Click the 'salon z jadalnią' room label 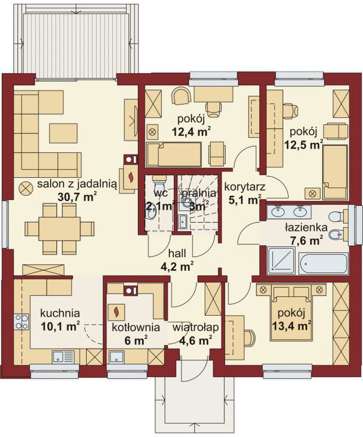tap(77, 184)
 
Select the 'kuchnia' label tap(60, 313)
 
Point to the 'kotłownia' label tap(136, 328)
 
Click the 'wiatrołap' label tap(195, 328)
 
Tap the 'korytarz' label tap(245, 187)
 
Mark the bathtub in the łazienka tap(323, 264)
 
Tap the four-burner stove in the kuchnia tap(22, 321)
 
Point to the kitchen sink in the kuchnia tap(63, 357)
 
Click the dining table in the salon tap(60, 229)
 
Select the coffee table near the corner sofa tap(63, 134)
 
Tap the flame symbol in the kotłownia tap(116, 311)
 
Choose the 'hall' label tap(177, 253)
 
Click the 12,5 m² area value tap(304, 145)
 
